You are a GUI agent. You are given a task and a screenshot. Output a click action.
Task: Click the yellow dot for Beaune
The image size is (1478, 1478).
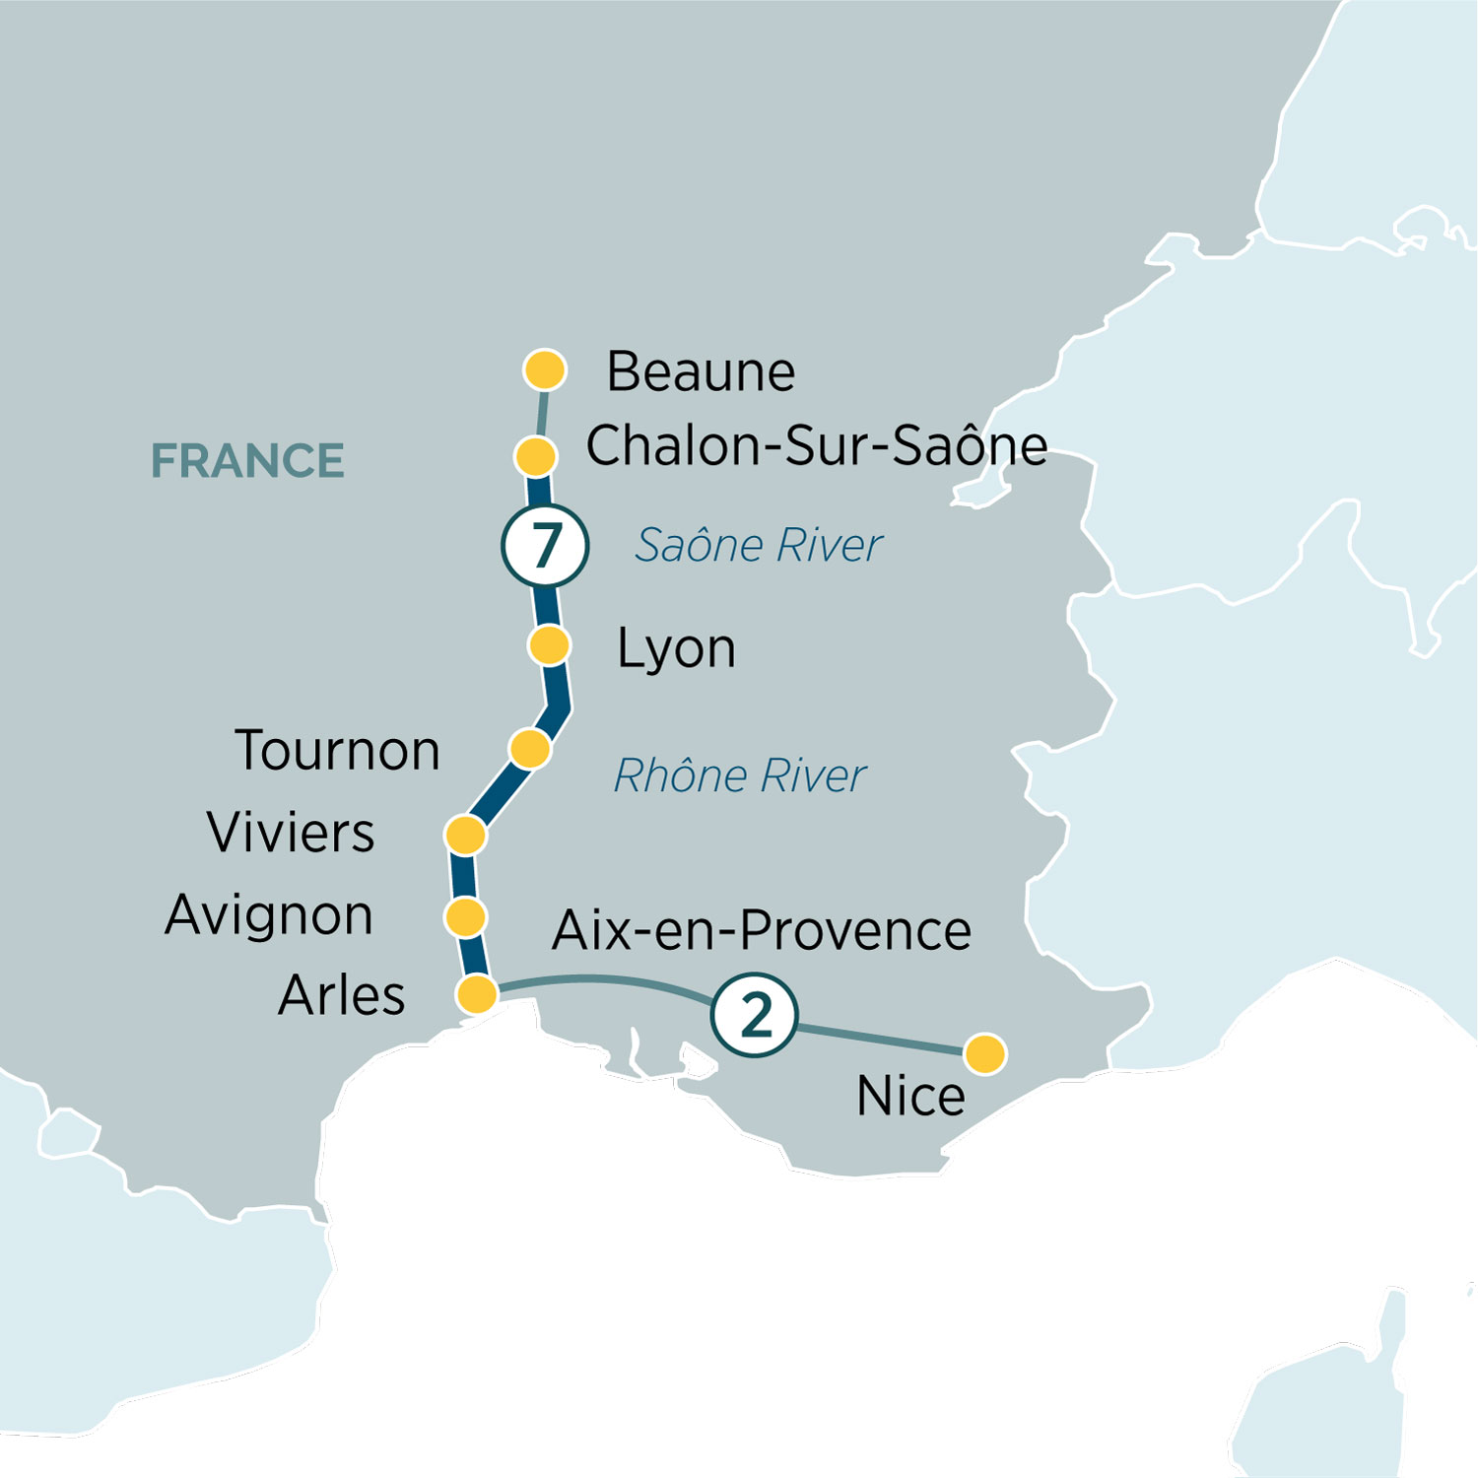545,370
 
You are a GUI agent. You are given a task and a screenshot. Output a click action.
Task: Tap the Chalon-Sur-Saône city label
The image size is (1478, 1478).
816,446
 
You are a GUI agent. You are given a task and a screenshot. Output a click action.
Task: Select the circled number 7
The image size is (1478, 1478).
545,546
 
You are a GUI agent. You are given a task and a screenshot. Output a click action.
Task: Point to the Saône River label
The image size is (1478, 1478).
758,546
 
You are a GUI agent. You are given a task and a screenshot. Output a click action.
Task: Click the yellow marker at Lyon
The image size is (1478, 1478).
549,645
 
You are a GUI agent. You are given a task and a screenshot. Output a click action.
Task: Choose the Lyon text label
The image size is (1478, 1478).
676,649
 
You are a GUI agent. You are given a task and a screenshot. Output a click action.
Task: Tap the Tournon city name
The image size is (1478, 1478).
337,751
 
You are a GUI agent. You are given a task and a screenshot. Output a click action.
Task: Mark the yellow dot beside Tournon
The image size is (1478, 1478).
530,749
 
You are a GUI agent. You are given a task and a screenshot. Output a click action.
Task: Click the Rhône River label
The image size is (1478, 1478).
739,776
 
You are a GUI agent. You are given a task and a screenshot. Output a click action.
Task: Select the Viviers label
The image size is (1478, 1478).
291,834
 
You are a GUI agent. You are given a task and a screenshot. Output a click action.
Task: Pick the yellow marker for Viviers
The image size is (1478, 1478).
465,835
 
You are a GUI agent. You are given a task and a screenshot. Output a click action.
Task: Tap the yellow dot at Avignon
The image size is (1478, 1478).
465,916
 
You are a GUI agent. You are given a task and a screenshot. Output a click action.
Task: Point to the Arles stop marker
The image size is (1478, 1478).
478,994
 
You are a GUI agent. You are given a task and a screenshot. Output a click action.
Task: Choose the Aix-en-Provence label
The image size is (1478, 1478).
761,931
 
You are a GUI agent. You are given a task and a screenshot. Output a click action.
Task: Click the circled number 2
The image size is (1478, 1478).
755,1015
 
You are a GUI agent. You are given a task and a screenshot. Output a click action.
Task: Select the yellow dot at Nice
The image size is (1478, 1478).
984,1053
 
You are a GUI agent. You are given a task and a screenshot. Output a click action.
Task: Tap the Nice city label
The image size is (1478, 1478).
910,1097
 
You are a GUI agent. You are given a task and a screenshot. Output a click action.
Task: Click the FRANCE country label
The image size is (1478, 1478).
247,461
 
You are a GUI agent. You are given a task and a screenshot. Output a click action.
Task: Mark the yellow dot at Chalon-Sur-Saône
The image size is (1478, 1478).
536,456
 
